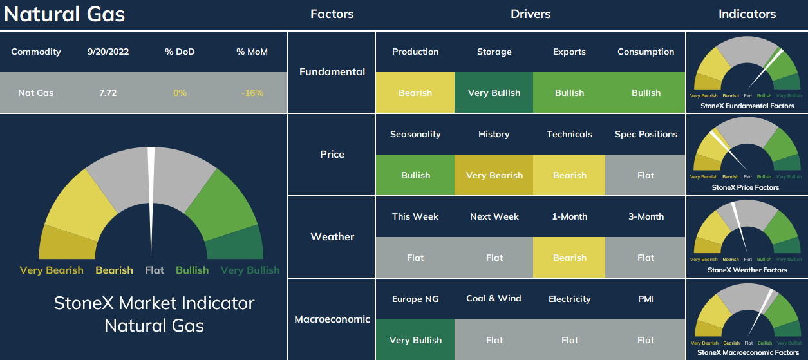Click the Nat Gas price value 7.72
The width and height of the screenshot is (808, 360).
coord(108,93)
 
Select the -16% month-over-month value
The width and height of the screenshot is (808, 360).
coord(252,93)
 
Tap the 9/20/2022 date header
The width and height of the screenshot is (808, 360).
coord(108,52)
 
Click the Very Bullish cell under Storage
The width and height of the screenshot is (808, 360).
coord(494,93)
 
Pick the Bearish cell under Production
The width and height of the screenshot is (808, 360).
coord(415,93)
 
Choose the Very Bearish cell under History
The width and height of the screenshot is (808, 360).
coord(494,175)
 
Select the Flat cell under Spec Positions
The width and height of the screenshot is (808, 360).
coord(645,175)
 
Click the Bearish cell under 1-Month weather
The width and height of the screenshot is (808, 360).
coord(569,257)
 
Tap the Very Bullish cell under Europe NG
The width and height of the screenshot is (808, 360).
coord(415,340)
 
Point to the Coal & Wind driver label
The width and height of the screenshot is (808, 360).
coord(494,298)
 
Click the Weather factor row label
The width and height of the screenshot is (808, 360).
coord(332,236)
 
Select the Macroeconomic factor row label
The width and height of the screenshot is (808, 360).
coord(332,319)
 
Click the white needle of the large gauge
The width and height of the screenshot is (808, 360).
coord(151,202)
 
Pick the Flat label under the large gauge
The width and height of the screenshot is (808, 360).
coord(155,270)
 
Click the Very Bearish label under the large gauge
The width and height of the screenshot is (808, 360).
coord(52,270)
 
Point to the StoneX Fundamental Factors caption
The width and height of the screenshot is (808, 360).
coord(747,106)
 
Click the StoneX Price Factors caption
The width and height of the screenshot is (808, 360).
coord(746,187)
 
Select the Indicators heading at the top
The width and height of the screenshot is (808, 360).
coord(747,14)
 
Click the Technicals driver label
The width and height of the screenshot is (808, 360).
coord(569,134)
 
